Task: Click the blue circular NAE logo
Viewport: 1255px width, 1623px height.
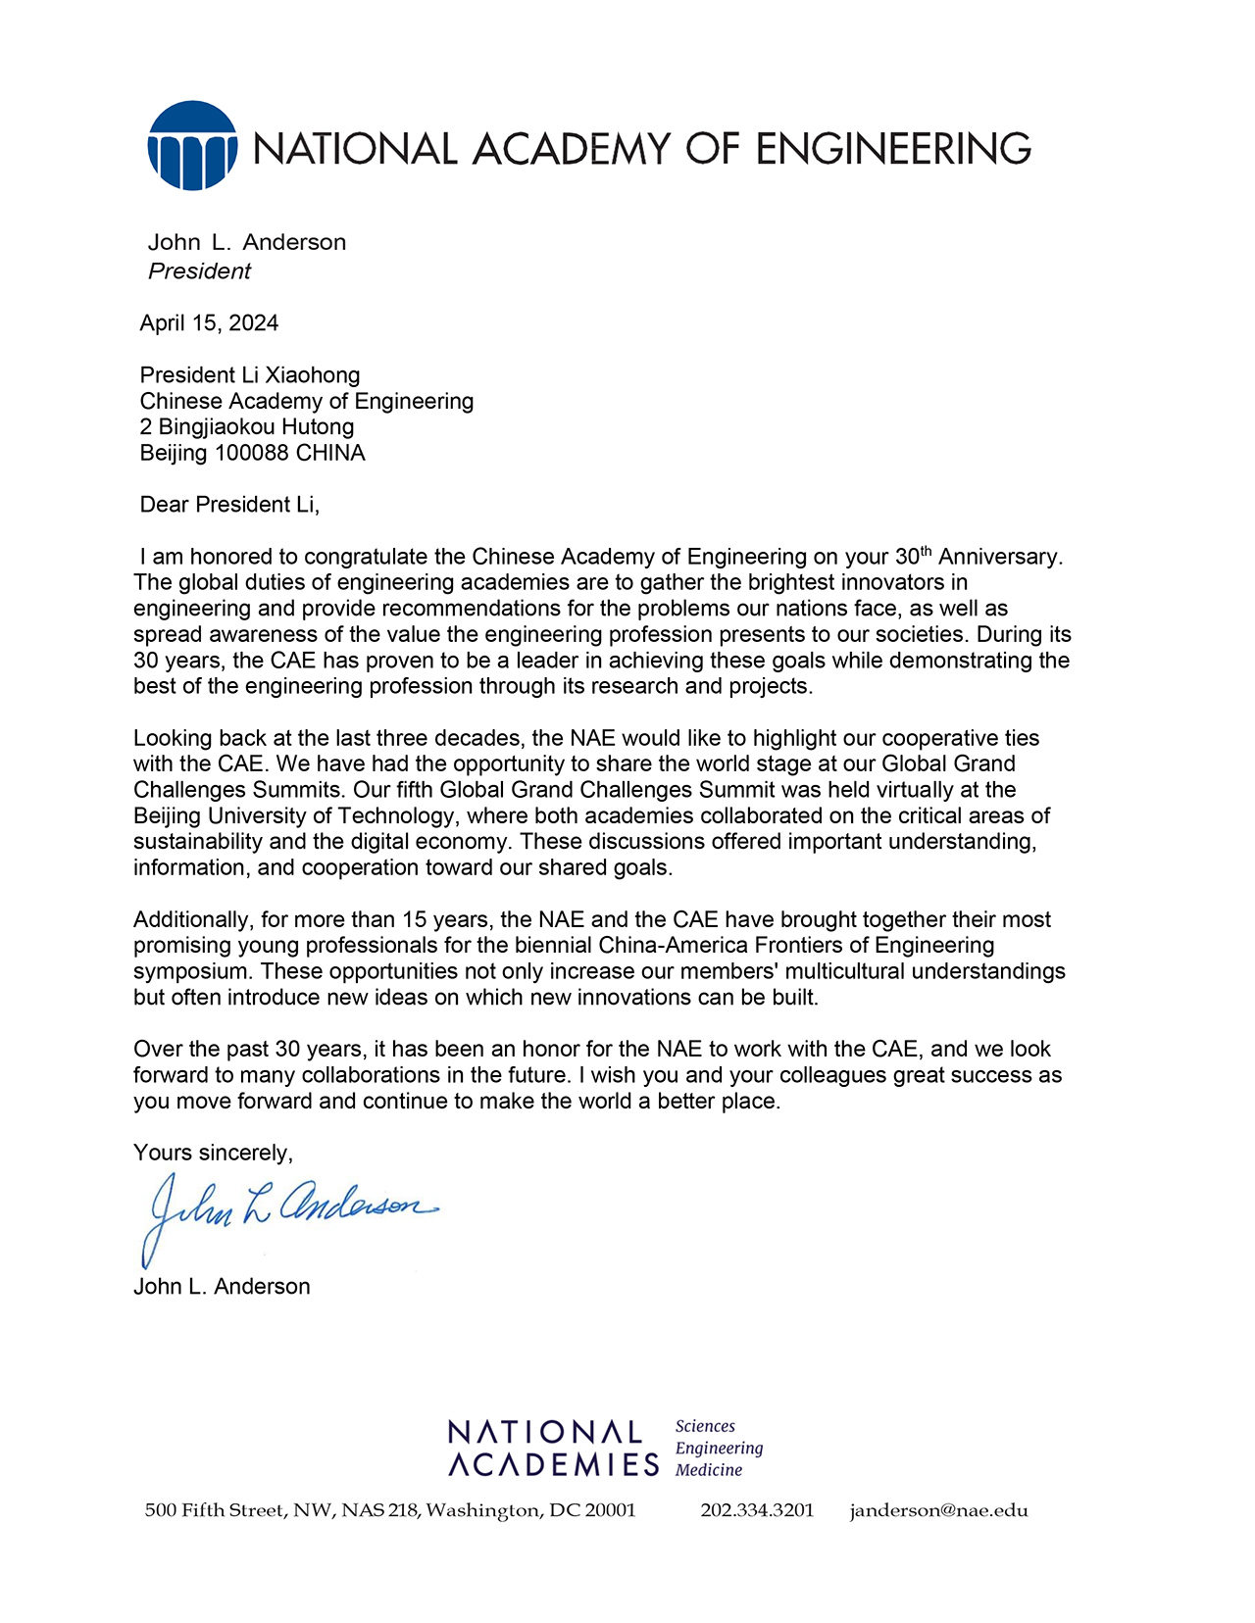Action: [192, 146]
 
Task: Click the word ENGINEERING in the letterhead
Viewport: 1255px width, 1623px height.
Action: [893, 149]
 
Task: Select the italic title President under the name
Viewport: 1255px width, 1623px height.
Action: [199, 271]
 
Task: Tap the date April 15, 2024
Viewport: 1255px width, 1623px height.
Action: [209, 323]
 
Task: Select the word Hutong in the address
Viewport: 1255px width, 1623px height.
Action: [318, 427]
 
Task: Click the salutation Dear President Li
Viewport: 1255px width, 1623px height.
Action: [229, 505]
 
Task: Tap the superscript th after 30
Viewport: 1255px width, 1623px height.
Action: [926, 550]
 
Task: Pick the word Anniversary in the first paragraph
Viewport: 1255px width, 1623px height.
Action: [999, 557]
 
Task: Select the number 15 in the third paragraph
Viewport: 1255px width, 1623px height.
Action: [416, 920]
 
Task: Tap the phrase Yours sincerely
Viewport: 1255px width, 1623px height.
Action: [213, 1154]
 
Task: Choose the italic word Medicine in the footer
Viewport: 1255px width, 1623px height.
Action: [709, 1470]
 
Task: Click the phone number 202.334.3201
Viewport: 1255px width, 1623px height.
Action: [757, 1510]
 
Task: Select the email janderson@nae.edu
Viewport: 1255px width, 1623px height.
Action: [938, 1510]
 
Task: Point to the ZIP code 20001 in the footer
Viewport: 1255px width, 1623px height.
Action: [610, 1510]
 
